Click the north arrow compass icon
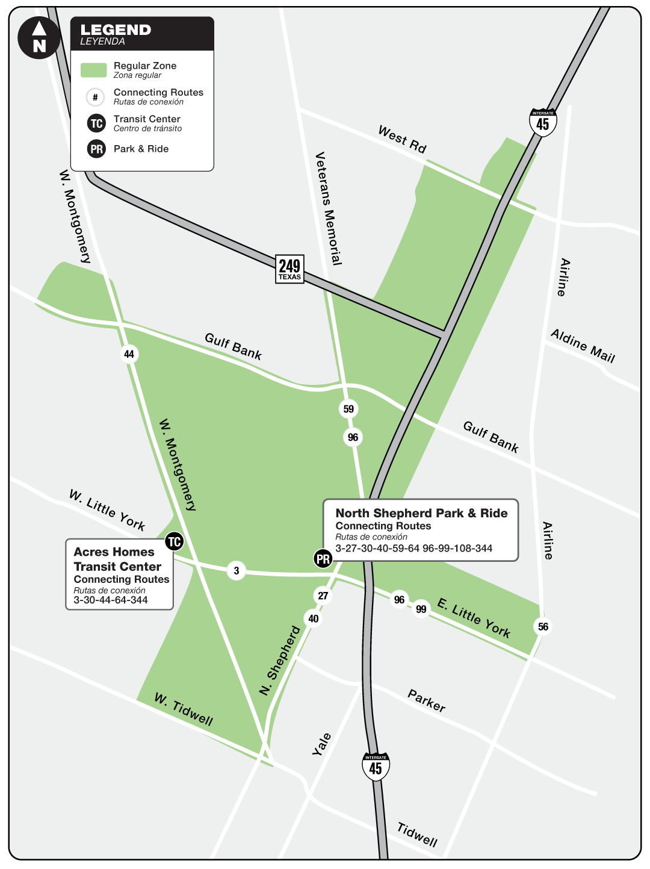(39, 38)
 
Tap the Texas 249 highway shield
(289, 269)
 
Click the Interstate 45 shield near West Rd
(543, 122)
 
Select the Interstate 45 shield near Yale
(376, 767)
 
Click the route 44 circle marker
(129, 354)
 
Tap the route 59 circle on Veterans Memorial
(348, 409)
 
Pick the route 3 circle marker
(237, 570)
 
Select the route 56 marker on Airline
(543, 627)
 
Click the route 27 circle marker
(323, 596)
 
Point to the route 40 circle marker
(314, 618)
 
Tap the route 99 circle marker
(421, 609)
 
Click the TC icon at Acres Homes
(174, 541)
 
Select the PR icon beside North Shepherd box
(323, 559)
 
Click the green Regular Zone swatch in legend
(94, 70)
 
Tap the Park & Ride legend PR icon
(96, 149)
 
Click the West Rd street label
(402, 140)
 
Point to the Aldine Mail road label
(583, 346)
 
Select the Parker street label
(427, 701)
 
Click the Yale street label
(322, 744)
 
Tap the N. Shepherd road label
(280, 661)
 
